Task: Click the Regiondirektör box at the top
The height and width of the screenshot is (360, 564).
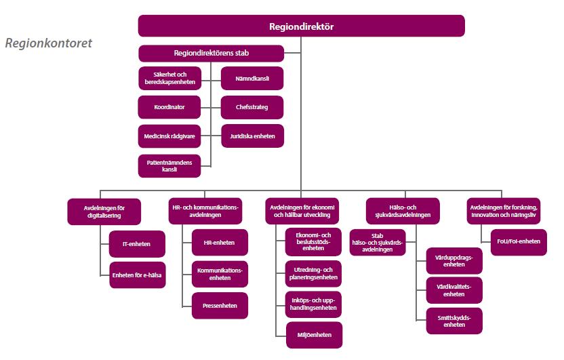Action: click(302, 26)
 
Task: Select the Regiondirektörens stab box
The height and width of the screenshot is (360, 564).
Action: click(211, 54)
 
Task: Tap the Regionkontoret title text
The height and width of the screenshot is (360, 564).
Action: click(49, 43)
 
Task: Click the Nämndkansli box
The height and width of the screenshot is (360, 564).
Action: click(252, 79)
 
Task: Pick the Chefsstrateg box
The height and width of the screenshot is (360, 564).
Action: click(252, 107)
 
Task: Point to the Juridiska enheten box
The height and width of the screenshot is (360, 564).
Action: click(252, 136)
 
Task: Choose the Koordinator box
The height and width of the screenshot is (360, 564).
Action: click(169, 107)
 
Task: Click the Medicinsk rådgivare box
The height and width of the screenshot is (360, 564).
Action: click(169, 136)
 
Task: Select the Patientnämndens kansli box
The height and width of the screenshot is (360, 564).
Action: click(169, 166)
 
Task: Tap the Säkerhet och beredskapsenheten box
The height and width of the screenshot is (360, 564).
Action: click(169, 78)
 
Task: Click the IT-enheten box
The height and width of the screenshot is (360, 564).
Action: click(137, 244)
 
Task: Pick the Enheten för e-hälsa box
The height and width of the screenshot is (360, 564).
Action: click(138, 275)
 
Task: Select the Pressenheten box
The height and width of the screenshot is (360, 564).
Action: click(220, 306)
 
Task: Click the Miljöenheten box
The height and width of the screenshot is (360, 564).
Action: click(315, 335)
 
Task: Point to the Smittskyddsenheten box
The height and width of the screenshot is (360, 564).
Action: click(454, 321)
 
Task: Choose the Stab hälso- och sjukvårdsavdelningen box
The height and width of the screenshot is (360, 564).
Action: click(378, 243)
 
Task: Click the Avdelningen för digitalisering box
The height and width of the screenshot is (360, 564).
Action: click(104, 212)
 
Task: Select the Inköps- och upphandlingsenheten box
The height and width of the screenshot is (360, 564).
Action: click(313, 304)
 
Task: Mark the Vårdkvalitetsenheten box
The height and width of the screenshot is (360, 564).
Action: click(454, 290)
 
